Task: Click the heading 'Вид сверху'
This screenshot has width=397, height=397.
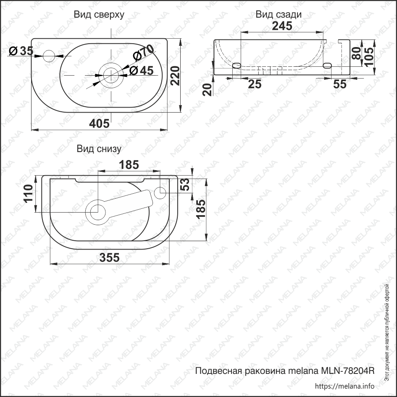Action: (x=99, y=15)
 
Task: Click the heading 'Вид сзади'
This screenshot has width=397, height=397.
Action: (x=278, y=15)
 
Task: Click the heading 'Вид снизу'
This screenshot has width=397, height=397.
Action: (x=99, y=149)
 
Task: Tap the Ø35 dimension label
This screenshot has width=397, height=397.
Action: (x=21, y=51)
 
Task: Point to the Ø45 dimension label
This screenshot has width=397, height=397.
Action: (x=141, y=70)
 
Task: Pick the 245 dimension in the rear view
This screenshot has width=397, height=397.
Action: (x=282, y=26)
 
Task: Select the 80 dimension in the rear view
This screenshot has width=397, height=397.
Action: (x=356, y=53)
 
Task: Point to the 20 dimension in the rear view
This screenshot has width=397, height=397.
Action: (x=207, y=89)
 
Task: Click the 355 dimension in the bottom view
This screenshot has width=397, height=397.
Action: (x=109, y=257)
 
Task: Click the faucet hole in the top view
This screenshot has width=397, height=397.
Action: (x=49, y=55)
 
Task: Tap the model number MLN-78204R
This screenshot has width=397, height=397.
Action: (x=347, y=371)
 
